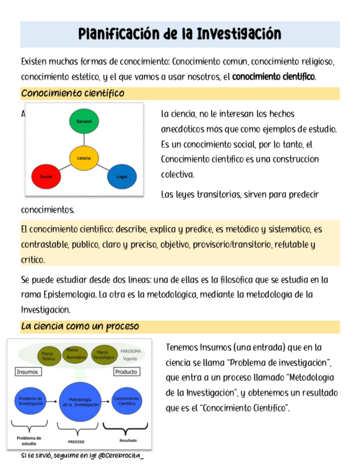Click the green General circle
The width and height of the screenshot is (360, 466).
(x=84, y=121)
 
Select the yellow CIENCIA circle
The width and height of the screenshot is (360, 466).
(x=84, y=158)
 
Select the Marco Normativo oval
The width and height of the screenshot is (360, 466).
(x=76, y=354)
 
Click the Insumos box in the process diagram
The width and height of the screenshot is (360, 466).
(x=27, y=371)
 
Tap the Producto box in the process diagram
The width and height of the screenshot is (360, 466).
(x=125, y=372)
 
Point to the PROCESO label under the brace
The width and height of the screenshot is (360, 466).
(x=76, y=441)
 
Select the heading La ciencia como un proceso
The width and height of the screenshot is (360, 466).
(x=80, y=326)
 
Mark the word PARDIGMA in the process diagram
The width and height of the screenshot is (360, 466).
(x=131, y=350)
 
